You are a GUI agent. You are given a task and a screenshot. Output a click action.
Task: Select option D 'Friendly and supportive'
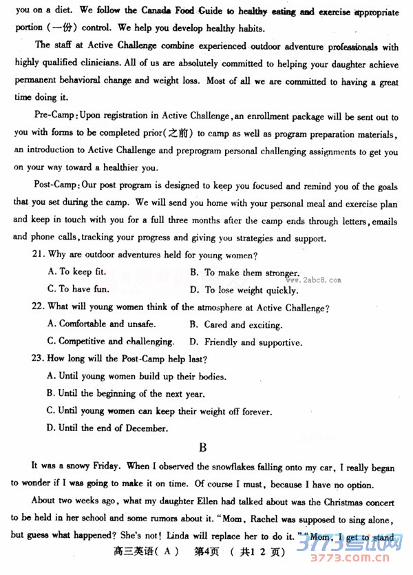click(245, 342)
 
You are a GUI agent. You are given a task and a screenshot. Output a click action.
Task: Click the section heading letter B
click(202, 448)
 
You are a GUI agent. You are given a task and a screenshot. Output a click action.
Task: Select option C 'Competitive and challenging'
click(110, 342)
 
